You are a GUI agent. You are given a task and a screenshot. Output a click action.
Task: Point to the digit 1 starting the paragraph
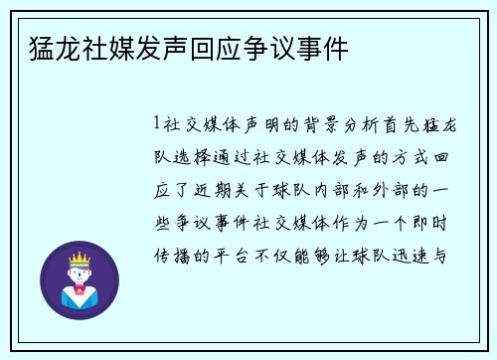tap(157, 126)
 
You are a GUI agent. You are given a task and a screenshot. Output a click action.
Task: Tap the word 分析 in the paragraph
tap(370, 126)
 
